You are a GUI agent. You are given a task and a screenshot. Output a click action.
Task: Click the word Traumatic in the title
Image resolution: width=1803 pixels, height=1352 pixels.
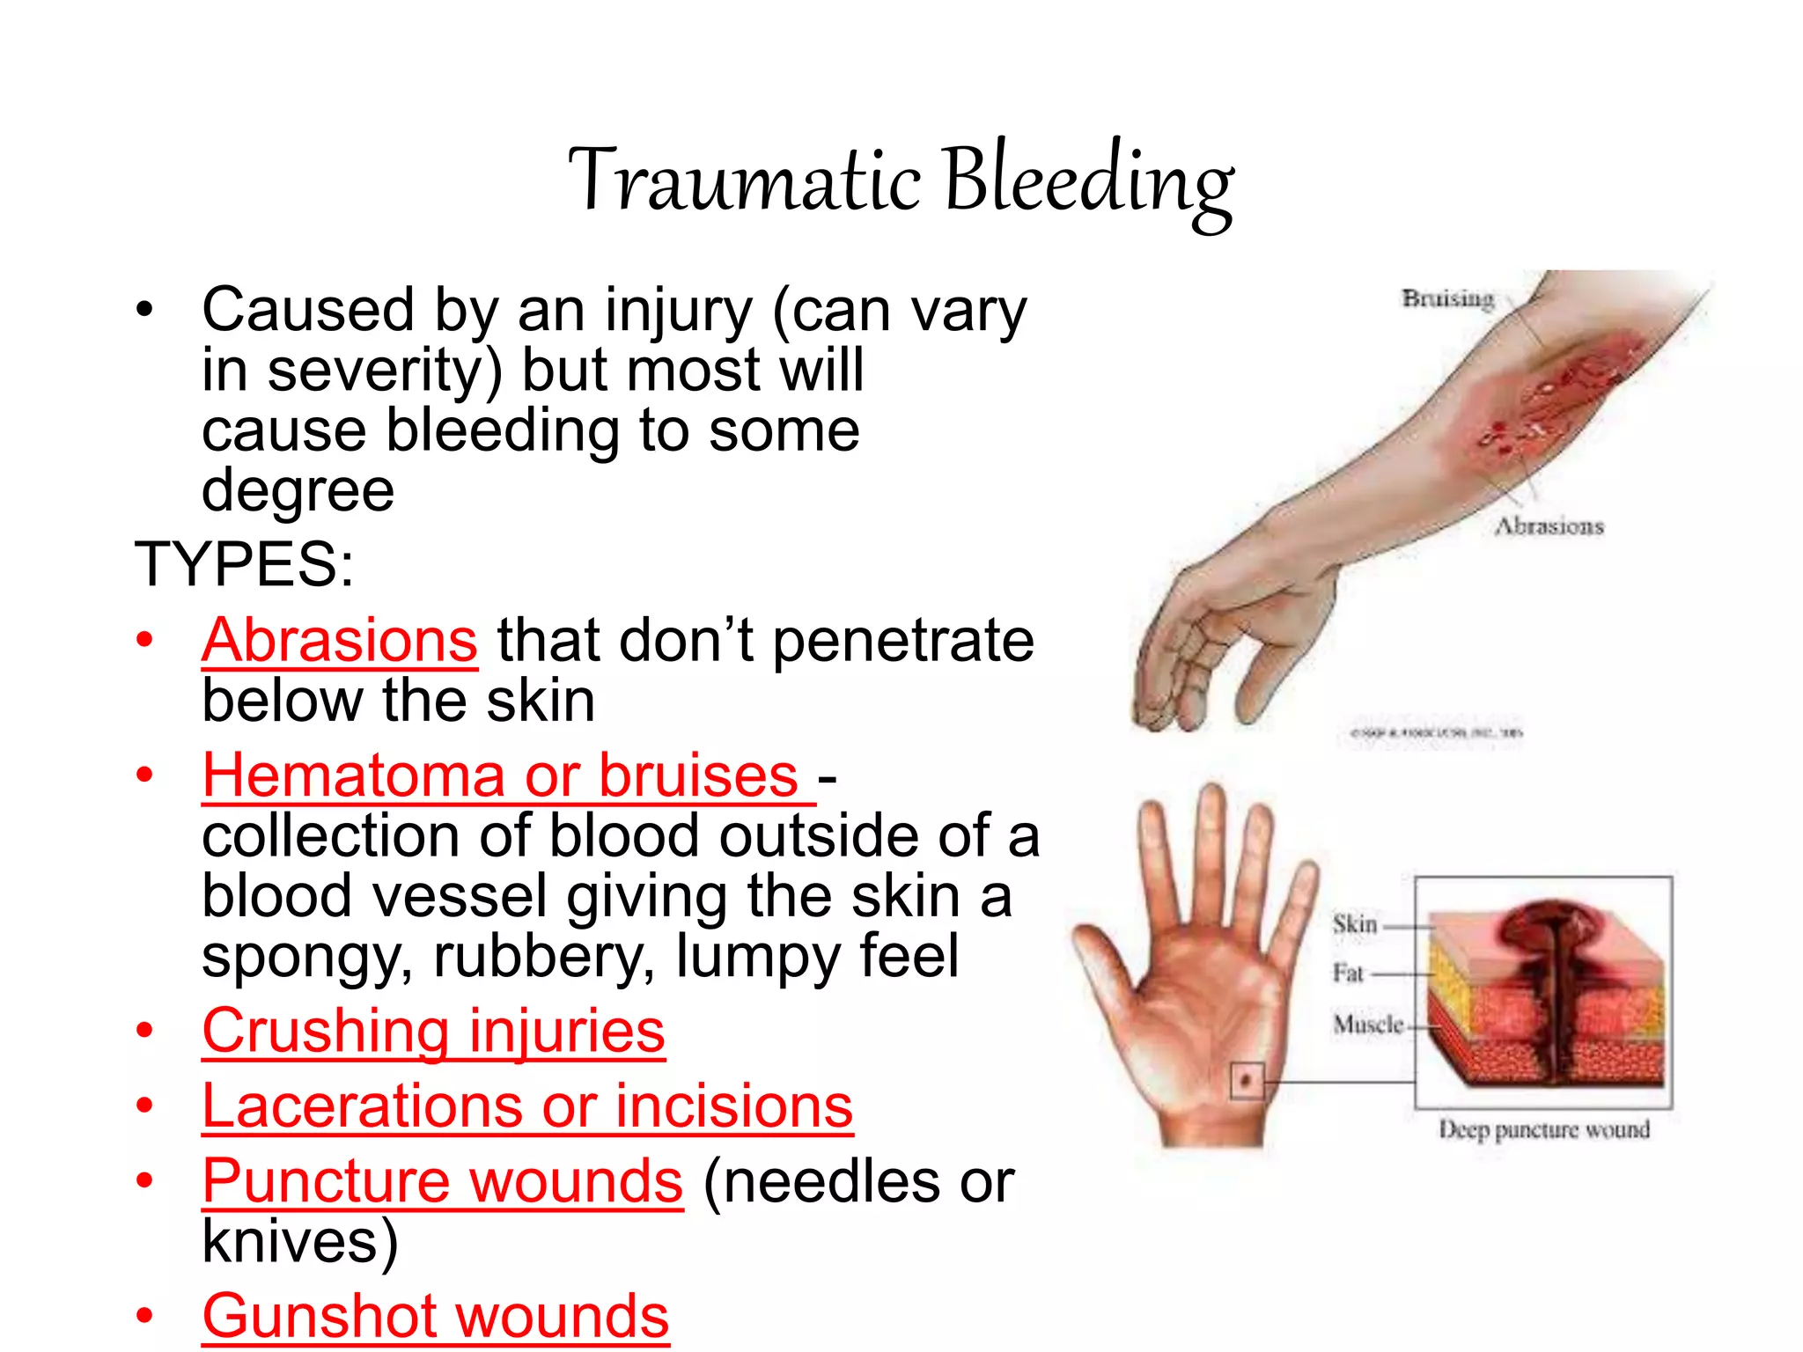(745, 180)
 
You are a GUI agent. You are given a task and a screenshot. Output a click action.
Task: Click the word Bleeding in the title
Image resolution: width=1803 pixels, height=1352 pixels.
(1089, 180)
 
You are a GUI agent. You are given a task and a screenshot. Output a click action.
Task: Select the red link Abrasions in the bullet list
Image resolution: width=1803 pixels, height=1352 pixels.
(340, 640)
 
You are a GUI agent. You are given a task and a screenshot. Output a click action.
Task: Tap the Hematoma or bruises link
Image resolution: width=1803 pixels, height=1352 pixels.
(500, 775)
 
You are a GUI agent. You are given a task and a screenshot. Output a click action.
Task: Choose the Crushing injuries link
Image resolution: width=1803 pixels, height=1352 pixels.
(433, 1031)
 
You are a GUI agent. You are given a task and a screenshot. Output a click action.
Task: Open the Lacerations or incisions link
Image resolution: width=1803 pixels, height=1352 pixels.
(527, 1106)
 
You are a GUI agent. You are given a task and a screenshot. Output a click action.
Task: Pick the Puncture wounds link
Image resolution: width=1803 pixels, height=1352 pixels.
(442, 1180)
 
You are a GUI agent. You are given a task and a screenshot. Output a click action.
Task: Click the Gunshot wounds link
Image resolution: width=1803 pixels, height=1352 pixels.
(435, 1316)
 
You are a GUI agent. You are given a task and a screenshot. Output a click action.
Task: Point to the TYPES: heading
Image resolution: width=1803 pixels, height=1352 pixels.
(244, 564)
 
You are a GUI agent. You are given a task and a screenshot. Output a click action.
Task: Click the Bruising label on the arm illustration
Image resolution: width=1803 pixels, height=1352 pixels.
(1448, 298)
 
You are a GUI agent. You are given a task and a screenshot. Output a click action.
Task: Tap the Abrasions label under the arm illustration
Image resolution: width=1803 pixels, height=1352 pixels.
(1549, 526)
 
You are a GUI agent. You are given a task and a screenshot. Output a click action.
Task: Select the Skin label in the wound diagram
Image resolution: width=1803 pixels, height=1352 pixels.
(1354, 924)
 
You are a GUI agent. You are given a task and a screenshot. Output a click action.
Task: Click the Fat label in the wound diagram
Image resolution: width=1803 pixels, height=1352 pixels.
(1347, 974)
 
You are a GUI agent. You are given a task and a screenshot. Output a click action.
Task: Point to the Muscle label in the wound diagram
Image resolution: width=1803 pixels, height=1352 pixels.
(1367, 1025)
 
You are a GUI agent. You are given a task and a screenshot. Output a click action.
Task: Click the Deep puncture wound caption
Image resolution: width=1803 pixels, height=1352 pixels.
(1543, 1129)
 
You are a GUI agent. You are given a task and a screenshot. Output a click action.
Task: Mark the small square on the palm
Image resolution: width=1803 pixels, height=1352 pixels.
(1246, 1080)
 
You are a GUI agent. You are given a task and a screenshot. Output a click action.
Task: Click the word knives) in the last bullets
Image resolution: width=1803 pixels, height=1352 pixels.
(299, 1241)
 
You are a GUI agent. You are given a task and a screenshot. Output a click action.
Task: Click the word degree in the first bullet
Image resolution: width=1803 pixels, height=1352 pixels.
(298, 490)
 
